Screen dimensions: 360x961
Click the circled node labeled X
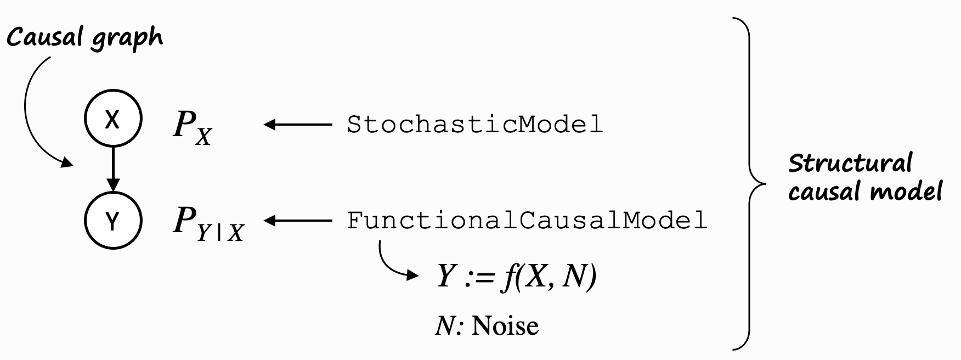point(112,120)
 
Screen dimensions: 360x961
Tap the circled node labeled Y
point(112,221)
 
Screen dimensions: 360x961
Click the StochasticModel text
point(474,125)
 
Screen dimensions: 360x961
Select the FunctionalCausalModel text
point(527,221)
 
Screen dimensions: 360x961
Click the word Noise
point(505,326)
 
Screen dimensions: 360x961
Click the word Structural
point(850,164)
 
